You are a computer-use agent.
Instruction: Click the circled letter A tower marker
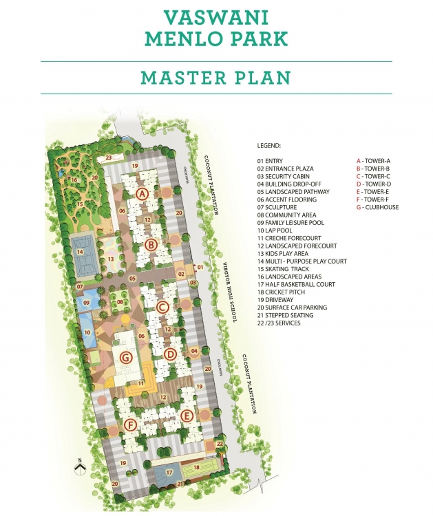(142, 194)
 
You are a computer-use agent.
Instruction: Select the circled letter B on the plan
(153, 244)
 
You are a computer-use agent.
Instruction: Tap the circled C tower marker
(162, 307)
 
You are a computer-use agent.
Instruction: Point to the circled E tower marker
(185, 415)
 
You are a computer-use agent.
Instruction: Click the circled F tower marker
(131, 424)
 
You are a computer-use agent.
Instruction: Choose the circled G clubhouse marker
(125, 357)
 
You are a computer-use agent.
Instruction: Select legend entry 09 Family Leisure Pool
(290, 223)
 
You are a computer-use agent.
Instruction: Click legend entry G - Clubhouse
(377, 207)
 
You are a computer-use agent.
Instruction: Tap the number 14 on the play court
(81, 252)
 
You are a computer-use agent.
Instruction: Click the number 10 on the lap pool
(87, 332)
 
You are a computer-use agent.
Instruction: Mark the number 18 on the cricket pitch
(196, 467)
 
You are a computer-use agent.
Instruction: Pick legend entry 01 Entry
(269, 161)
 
